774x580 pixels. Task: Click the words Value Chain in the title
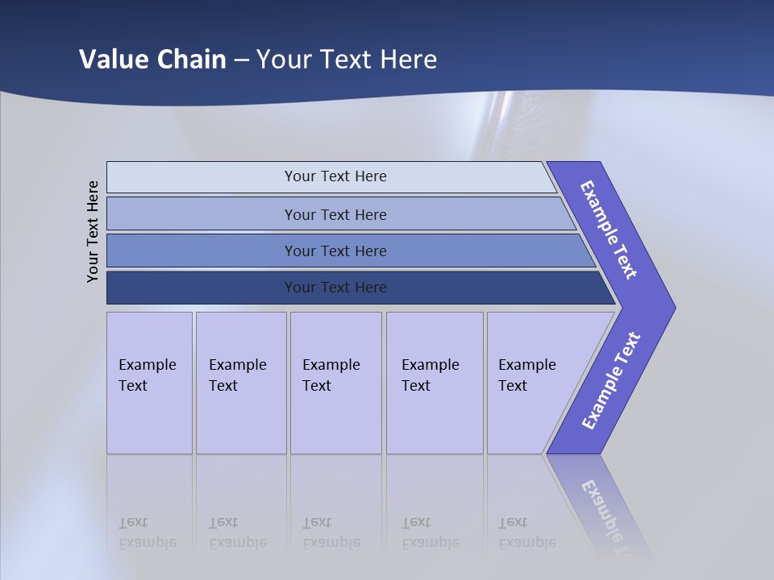[x=152, y=59]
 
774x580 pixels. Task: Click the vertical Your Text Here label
[x=93, y=231]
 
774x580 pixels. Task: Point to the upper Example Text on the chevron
[x=609, y=230]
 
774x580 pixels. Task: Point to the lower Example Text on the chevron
[x=610, y=381]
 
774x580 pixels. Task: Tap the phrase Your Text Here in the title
[x=347, y=59]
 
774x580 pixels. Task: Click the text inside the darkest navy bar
[x=335, y=288]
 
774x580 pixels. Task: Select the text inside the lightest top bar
[x=335, y=176]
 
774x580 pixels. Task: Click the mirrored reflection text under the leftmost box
[x=148, y=532]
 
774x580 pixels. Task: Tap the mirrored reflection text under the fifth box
[x=527, y=532]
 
